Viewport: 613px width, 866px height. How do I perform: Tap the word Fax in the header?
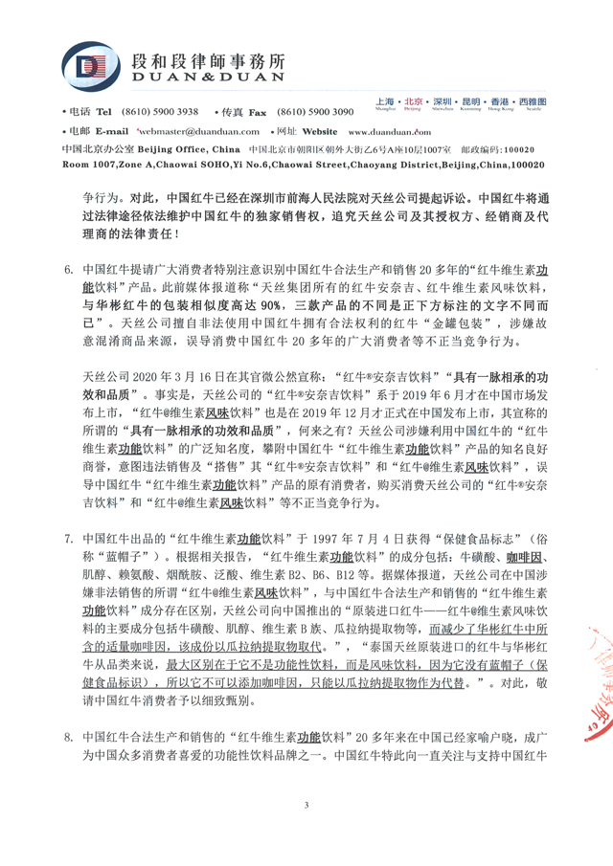tap(258, 111)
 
